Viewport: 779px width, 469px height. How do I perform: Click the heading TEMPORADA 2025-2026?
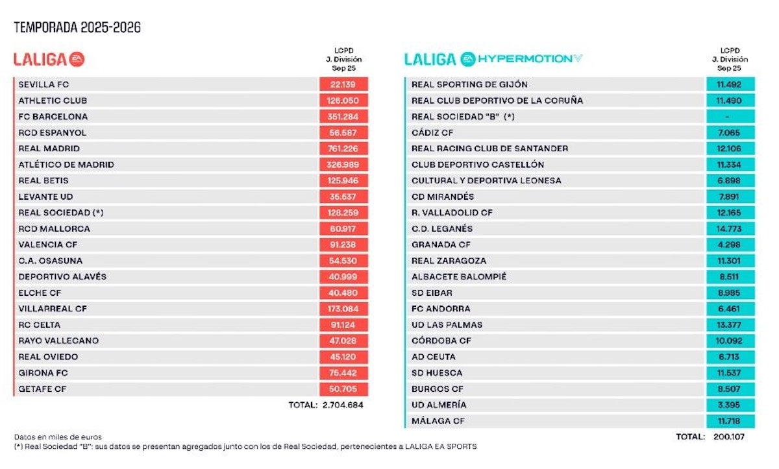pos(77,27)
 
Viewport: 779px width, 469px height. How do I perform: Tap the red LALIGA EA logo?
pos(49,60)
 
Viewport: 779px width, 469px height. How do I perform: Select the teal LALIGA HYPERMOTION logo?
pos(493,59)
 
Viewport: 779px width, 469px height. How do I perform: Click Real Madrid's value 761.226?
pos(343,149)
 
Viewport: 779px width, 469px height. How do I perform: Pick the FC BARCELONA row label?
pos(53,117)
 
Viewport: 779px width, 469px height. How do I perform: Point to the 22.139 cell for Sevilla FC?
pos(343,84)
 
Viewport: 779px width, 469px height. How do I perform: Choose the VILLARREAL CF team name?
pos(53,309)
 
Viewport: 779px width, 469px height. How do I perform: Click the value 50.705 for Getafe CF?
pos(343,389)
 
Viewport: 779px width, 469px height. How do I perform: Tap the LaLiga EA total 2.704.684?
pos(343,405)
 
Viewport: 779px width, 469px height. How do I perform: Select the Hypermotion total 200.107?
pos(729,437)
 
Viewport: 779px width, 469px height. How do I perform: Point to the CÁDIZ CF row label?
pos(432,133)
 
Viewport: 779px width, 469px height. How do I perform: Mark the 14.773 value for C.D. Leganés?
pos(729,229)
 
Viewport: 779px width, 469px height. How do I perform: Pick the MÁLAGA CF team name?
pos(438,421)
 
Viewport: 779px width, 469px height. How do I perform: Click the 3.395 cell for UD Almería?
pos(729,405)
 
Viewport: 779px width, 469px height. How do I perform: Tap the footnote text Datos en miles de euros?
pos(58,437)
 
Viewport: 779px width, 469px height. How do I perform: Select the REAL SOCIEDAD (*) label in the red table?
pos(61,213)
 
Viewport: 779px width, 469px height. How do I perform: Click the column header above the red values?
pos(343,60)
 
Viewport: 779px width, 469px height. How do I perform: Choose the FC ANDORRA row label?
pos(441,309)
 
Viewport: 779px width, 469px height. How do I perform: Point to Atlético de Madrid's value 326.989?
pos(343,165)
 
